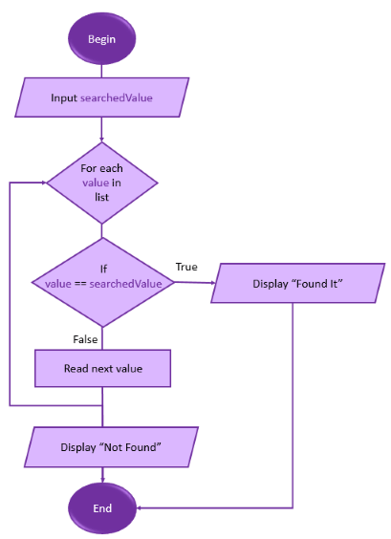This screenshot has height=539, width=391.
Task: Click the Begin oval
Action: coord(101,38)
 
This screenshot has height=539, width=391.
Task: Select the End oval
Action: coord(102,508)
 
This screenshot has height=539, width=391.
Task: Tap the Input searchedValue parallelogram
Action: coord(101,97)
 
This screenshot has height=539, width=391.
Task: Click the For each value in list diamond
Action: coord(101,183)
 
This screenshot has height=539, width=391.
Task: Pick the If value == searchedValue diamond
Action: coord(103,283)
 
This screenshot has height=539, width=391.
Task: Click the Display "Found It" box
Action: coord(298,283)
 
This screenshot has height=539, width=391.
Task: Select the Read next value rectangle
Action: coord(102,369)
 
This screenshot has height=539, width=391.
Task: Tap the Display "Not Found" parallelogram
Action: coord(111,447)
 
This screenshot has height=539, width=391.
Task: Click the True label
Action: coord(186,267)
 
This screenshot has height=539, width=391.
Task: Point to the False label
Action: coord(85,339)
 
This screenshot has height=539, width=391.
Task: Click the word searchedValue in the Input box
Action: coord(117,98)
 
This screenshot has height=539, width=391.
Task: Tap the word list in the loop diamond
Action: coord(101,197)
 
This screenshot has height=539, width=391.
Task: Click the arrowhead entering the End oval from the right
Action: coord(139,507)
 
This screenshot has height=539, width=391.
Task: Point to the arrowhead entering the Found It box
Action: coord(213,283)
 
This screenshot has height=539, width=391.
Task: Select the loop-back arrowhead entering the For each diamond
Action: coord(44,183)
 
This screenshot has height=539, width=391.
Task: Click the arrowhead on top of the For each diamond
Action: coord(101,140)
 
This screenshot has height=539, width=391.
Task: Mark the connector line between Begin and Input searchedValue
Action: coord(101,71)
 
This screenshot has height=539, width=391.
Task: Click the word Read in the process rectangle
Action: coord(73,369)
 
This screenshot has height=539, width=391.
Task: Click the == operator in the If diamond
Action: coord(80,284)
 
